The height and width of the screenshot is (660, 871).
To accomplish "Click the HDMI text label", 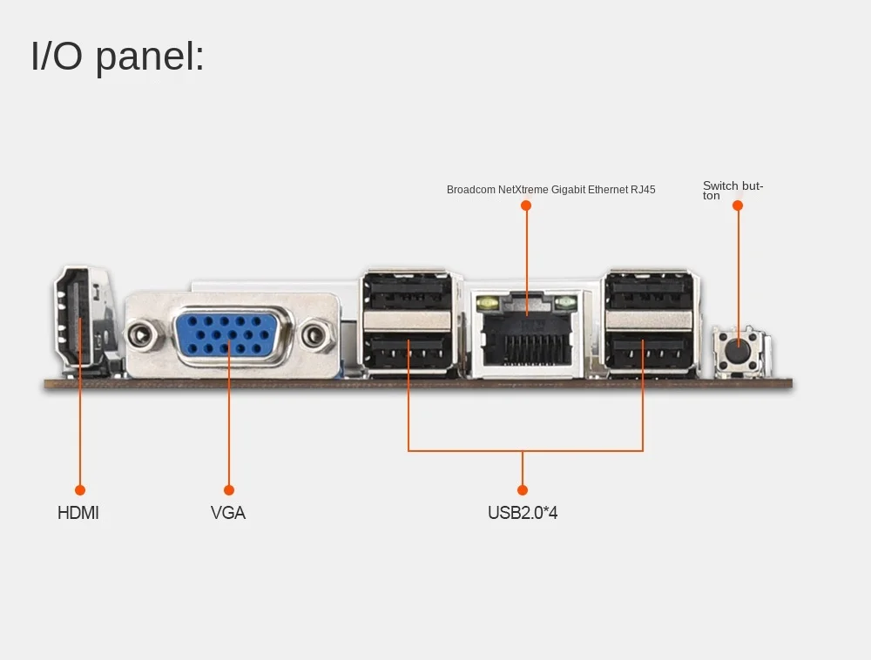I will pos(78,513).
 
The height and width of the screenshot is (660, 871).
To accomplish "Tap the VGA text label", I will pos(228,513).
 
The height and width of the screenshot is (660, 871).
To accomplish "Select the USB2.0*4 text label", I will pos(523,513).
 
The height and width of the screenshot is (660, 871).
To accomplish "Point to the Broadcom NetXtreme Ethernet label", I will pos(550,189).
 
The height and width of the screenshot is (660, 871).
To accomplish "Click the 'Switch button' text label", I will pos(733,190).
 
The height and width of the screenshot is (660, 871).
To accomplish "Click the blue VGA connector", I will pos(229,333).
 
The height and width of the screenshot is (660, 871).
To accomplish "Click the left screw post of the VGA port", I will pos(143,333).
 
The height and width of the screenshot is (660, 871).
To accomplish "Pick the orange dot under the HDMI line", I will pos(80,490).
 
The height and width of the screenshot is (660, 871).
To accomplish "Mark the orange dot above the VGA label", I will pos(229,490).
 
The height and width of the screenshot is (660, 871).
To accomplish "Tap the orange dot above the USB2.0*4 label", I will pos(523,490).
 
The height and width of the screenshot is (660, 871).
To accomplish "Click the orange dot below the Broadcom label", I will pos(526,205).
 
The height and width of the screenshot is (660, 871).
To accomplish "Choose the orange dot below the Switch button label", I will pos(738,205).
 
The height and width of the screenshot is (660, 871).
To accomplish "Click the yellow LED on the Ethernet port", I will pos(486,303).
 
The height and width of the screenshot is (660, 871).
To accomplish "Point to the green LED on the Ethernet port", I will pos(566,303).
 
